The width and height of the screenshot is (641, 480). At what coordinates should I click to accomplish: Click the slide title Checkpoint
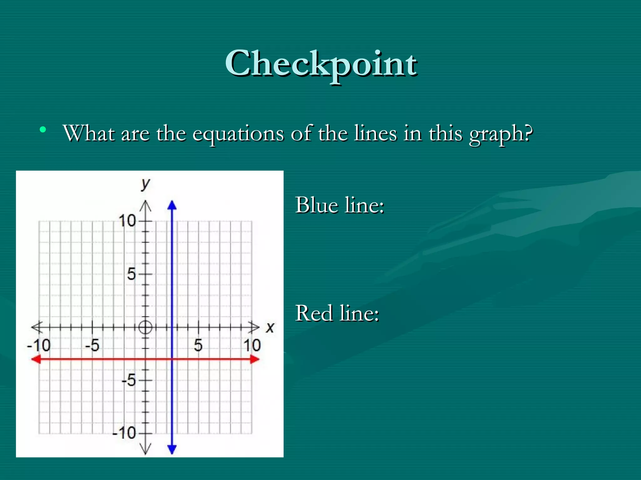321,64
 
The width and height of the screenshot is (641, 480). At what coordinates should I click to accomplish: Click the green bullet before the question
43,129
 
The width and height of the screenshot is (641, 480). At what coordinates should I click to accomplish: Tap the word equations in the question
238,133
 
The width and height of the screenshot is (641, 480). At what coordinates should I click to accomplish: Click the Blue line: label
340,205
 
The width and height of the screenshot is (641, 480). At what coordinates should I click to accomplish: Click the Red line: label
337,313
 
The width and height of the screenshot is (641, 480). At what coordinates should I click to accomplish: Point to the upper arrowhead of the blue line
172,205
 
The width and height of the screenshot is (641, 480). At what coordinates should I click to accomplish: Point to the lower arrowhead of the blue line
172,449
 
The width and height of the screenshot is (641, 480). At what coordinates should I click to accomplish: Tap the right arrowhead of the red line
255,359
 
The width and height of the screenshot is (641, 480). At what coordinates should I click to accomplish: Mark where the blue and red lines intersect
172,359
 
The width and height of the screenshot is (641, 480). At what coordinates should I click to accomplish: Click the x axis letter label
270,327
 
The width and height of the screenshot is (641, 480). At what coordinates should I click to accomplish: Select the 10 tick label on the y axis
127,221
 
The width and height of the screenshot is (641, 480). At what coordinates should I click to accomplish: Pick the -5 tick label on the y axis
129,380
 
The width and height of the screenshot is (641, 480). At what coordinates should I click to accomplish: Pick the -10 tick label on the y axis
124,433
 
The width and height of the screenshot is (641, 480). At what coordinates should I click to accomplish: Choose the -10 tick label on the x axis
39,345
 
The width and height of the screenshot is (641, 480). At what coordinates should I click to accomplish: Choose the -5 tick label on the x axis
92,345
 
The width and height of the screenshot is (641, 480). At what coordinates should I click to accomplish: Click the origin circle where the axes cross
145,327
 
